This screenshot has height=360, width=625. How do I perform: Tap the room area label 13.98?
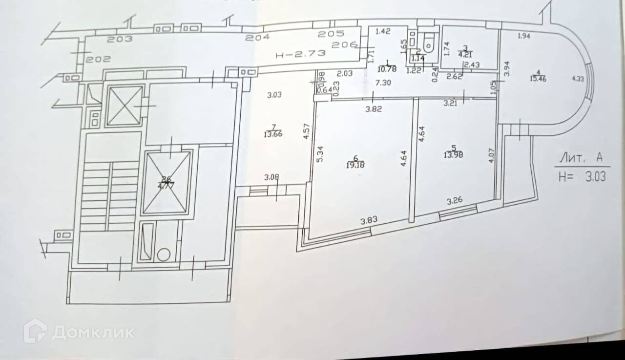(x=453, y=155)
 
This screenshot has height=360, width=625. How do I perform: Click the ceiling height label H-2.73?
(x=300, y=54)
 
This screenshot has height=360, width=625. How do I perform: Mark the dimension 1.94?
(x=523, y=36)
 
